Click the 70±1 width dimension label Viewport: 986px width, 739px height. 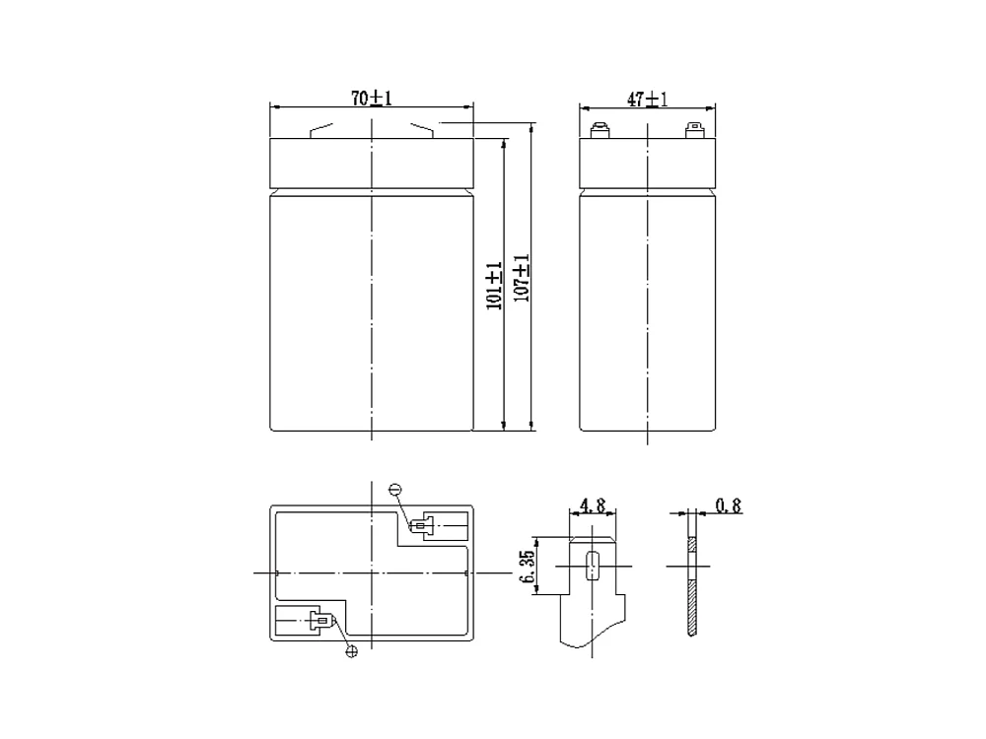point(371,98)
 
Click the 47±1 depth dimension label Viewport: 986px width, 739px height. point(647,99)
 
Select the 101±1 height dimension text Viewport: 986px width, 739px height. point(494,286)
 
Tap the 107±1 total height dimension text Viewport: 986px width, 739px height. point(522,278)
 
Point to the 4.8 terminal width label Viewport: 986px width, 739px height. point(593,505)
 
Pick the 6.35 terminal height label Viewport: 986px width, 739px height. point(527,567)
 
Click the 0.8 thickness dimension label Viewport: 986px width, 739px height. point(729,505)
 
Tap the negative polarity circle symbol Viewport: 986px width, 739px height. point(395,490)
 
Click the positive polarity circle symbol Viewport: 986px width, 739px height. point(352,651)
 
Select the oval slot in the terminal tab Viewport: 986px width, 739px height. point(591,566)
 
